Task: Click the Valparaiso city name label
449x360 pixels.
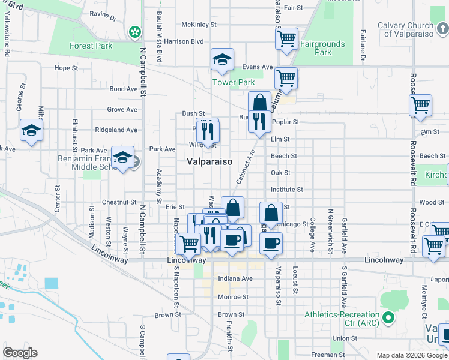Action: (x=209, y=161)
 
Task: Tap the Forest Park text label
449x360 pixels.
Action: (x=91, y=46)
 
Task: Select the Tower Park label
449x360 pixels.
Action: (x=234, y=82)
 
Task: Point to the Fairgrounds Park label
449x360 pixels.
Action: (x=322, y=48)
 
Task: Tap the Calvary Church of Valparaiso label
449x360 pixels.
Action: (x=414, y=29)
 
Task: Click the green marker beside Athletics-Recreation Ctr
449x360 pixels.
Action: (x=388, y=317)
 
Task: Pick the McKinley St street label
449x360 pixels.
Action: (x=199, y=25)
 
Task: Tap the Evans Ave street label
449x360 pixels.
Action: (x=258, y=67)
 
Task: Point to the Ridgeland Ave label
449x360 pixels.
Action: (x=116, y=130)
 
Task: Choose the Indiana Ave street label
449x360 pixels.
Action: (x=235, y=278)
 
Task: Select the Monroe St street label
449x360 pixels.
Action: (x=233, y=296)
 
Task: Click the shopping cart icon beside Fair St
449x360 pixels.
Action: (x=286, y=38)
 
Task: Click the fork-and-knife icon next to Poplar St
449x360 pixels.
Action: (x=259, y=121)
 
